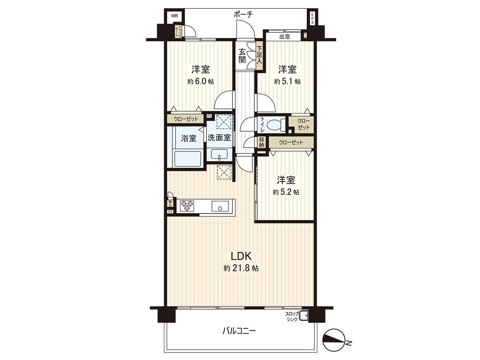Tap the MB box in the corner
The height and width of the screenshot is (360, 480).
click(x=174, y=16)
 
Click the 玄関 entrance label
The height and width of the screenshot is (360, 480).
click(x=242, y=56)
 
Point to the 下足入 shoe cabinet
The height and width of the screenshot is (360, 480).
click(x=259, y=56)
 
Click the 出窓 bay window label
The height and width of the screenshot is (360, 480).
click(x=284, y=37)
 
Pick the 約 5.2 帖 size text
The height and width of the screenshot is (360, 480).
click(x=286, y=192)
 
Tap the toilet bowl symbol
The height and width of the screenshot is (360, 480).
click(x=275, y=125)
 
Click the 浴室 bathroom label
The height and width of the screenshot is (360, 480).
click(x=188, y=138)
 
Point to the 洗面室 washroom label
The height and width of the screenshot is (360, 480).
click(x=219, y=137)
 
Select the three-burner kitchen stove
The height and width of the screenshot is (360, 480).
click(x=186, y=206)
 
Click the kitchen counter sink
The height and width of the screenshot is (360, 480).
click(x=220, y=207)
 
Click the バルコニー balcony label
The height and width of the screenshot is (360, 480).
click(x=239, y=331)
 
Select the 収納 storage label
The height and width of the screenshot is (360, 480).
click(x=262, y=142)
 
